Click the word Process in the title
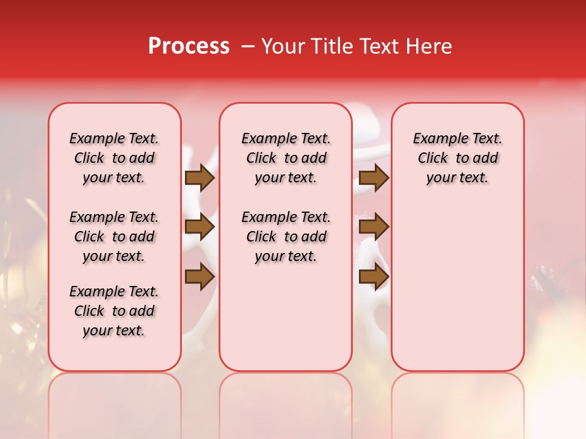pos(189,46)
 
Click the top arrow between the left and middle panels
pos(199,178)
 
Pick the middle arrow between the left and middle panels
pos(199,227)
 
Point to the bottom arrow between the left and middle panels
pos(199,277)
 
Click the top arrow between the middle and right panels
pos(374,178)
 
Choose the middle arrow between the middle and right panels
pos(374,227)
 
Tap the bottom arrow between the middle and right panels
pos(374,277)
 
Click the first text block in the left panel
pos(114,158)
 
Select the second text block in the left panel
pos(114,237)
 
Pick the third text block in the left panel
pos(114,311)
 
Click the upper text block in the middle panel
pos(286,158)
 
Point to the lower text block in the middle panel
pos(286,237)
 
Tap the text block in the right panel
pos(458,158)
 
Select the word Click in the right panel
pos(433,159)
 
